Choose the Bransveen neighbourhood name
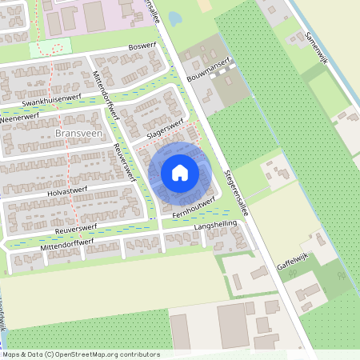[x=79, y=133]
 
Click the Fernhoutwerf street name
[x=194, y=205]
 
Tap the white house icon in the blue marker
[x=180, y=172]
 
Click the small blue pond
[x=175, y=18]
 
